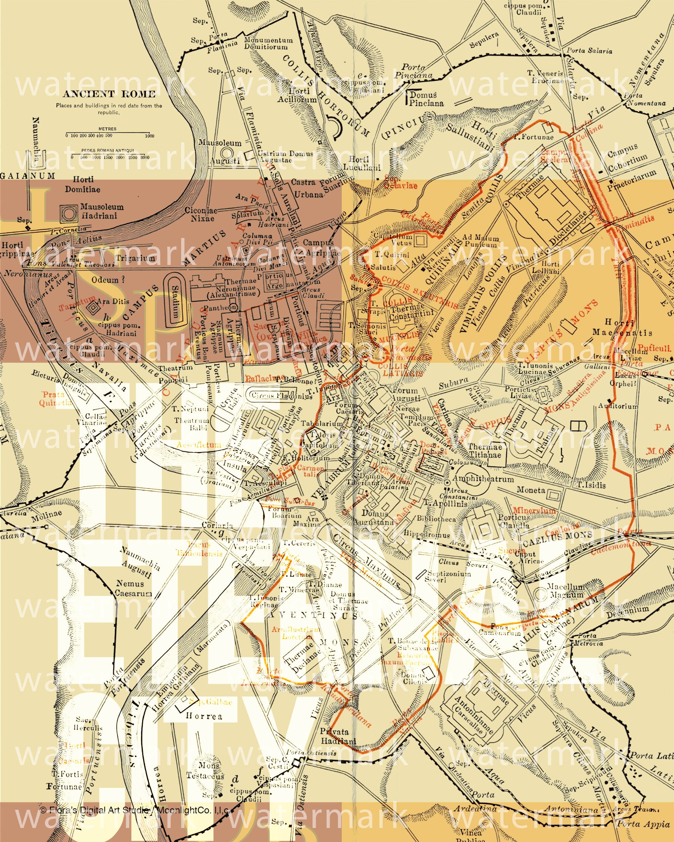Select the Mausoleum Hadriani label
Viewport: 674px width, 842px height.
tap(102, 211)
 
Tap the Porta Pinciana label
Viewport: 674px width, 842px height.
tap(413, 71)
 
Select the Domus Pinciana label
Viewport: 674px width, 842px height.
tap(426, 99)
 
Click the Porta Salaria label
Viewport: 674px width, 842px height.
tap(589, 50)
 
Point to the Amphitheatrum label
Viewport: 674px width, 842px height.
tap(483, 479)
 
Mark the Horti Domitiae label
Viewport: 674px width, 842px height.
tap(83, 184)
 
